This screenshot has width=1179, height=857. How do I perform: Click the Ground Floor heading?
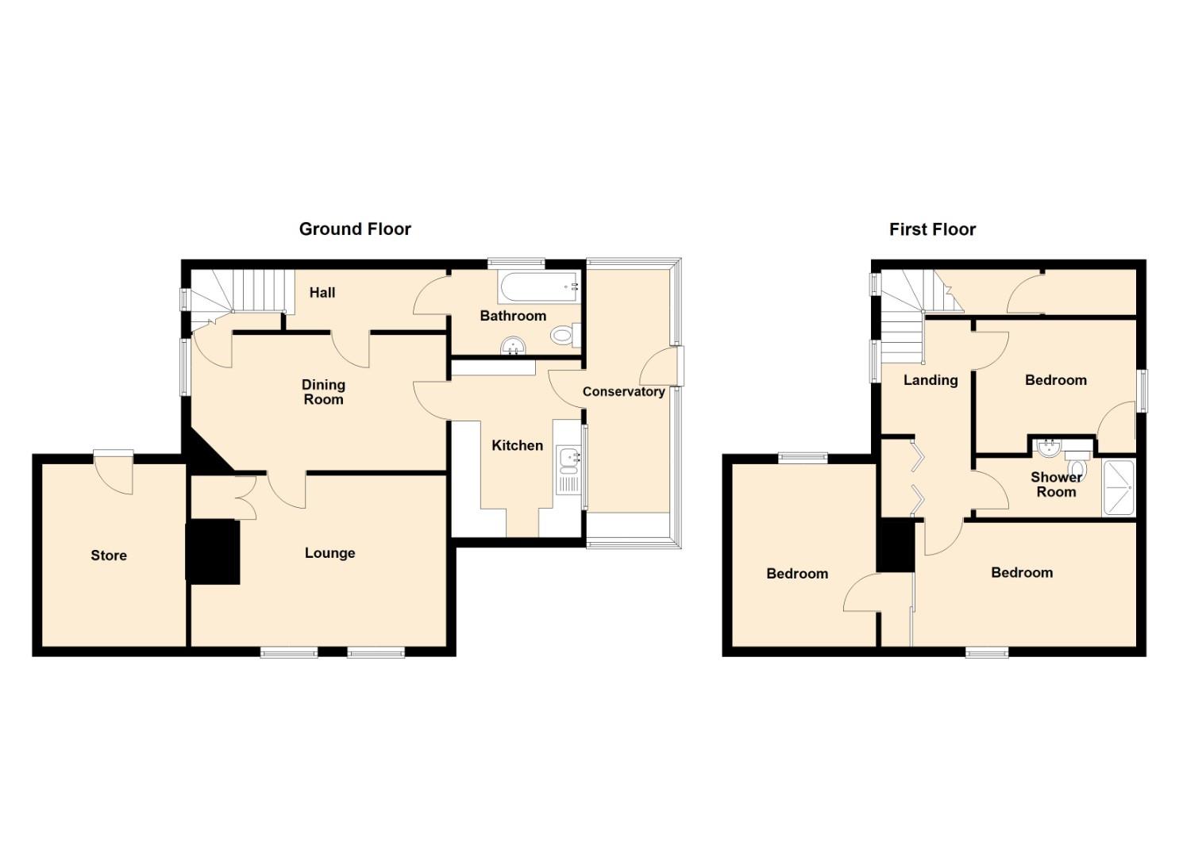coord(355,229)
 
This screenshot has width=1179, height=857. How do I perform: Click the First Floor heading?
coord(932,230)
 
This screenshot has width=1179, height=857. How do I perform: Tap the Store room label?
coord(109,555)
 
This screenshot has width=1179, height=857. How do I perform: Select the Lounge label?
coord(330,553)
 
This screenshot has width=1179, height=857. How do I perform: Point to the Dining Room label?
coord(323,392)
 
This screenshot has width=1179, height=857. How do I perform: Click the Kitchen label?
coord(517,446)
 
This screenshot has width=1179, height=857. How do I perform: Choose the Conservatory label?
coord(624,392)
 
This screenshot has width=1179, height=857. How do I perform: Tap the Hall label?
coord(322,293)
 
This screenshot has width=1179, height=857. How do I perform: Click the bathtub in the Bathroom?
coord(538,287)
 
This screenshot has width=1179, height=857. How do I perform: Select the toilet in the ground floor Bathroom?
coord(566,335)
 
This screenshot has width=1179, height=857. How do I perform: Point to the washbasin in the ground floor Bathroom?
coord(513,346)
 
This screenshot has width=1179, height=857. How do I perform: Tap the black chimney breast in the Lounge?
coord(213,551)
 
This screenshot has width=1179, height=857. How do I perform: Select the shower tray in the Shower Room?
coord(1119,488)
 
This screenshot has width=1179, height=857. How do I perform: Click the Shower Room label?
coord(1056,485)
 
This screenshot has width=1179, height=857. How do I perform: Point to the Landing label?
coord(930,380)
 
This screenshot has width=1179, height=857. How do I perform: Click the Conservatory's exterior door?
coord(661,366)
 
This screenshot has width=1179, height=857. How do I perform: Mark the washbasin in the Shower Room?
coord(1049,447)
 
